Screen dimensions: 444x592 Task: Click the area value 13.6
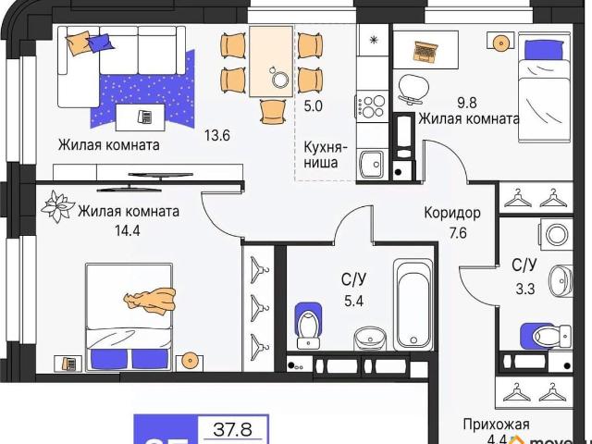tap(216, 134)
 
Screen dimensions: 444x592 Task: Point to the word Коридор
tap(451, 212)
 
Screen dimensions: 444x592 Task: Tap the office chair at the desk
tap(413, 86)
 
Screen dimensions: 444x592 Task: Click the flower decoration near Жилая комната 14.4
tap(58, 203)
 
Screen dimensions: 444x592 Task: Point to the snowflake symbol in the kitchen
tap(374, 40)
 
